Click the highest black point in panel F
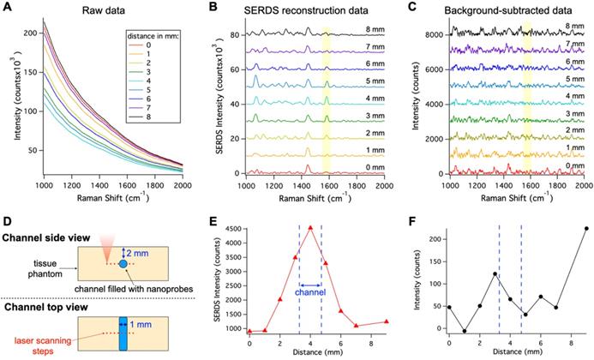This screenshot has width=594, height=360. (x=585, y=229)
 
